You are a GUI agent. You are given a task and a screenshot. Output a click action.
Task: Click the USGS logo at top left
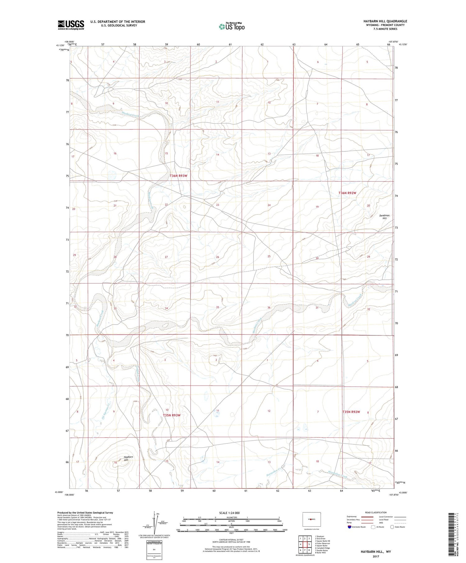pos(71,25)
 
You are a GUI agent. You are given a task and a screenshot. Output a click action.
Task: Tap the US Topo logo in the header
pos(231,27)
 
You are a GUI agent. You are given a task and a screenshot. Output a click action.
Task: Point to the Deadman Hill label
pos(384,217)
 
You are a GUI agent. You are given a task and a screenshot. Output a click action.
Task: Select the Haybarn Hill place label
pos(124,459)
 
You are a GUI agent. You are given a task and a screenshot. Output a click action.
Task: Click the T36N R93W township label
pos(179,176)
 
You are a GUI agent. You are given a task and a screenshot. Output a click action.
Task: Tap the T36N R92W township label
pos(347,193)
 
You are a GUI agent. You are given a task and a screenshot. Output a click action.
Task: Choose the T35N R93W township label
pos(171,415)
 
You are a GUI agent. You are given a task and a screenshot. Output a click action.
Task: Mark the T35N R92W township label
pos(351,412)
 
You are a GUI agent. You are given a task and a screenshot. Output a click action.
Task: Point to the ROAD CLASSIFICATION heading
pos(376,512)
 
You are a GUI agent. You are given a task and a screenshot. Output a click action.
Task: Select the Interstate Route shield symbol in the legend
pos(349,527)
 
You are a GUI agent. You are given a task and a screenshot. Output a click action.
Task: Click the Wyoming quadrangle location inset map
pos(311,519)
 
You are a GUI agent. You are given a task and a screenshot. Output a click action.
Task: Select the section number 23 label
pos(218,205)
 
